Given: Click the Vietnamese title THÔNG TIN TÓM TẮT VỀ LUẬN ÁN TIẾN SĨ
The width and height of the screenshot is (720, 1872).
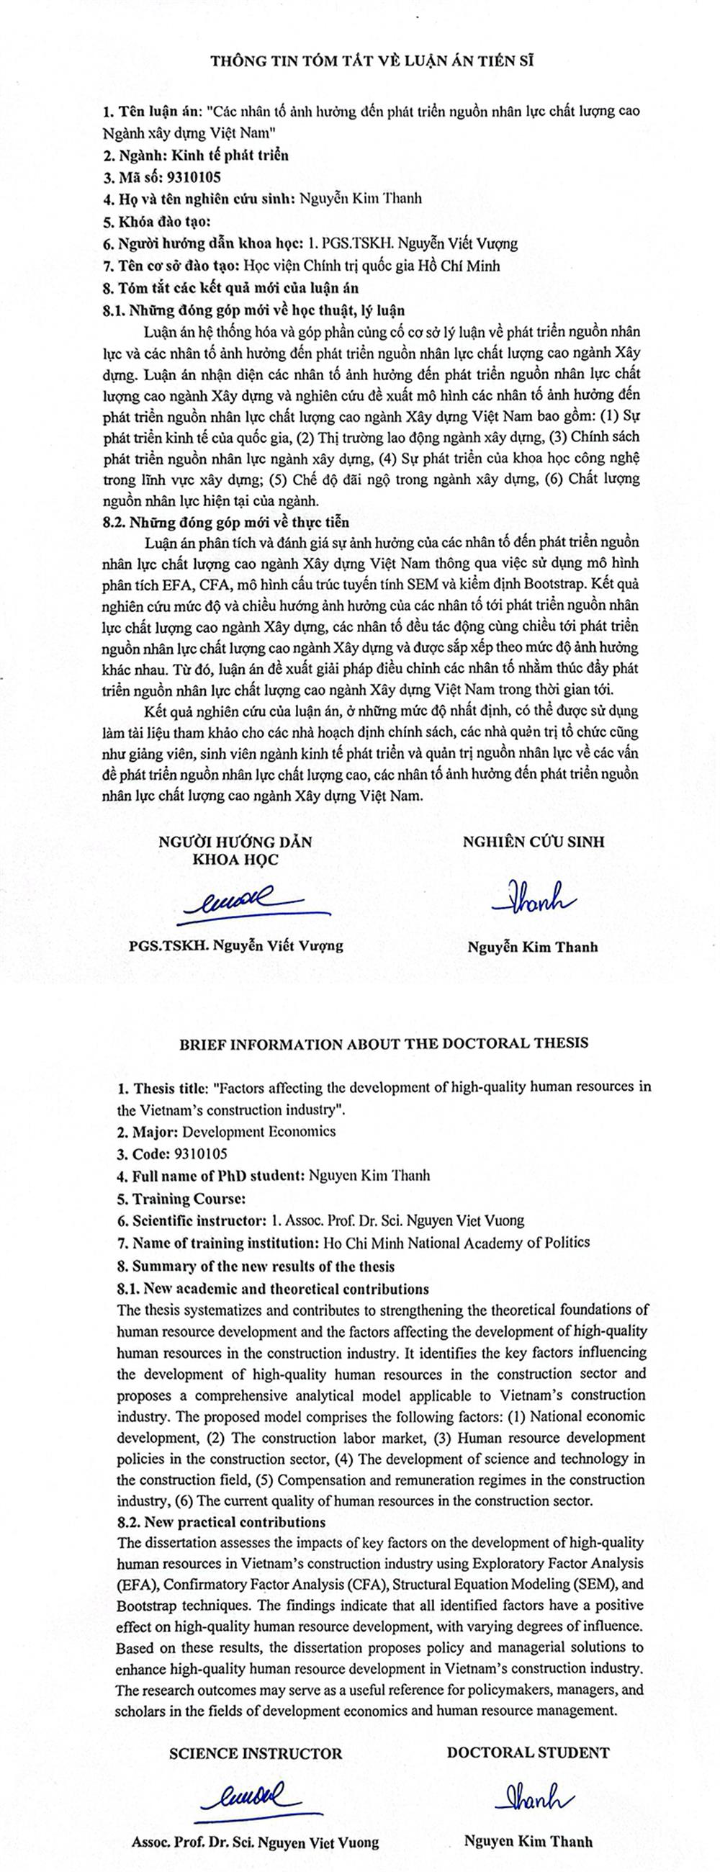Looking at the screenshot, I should pos(372,62).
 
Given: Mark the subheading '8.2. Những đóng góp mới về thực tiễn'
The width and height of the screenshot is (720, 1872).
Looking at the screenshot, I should pos(226,522).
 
